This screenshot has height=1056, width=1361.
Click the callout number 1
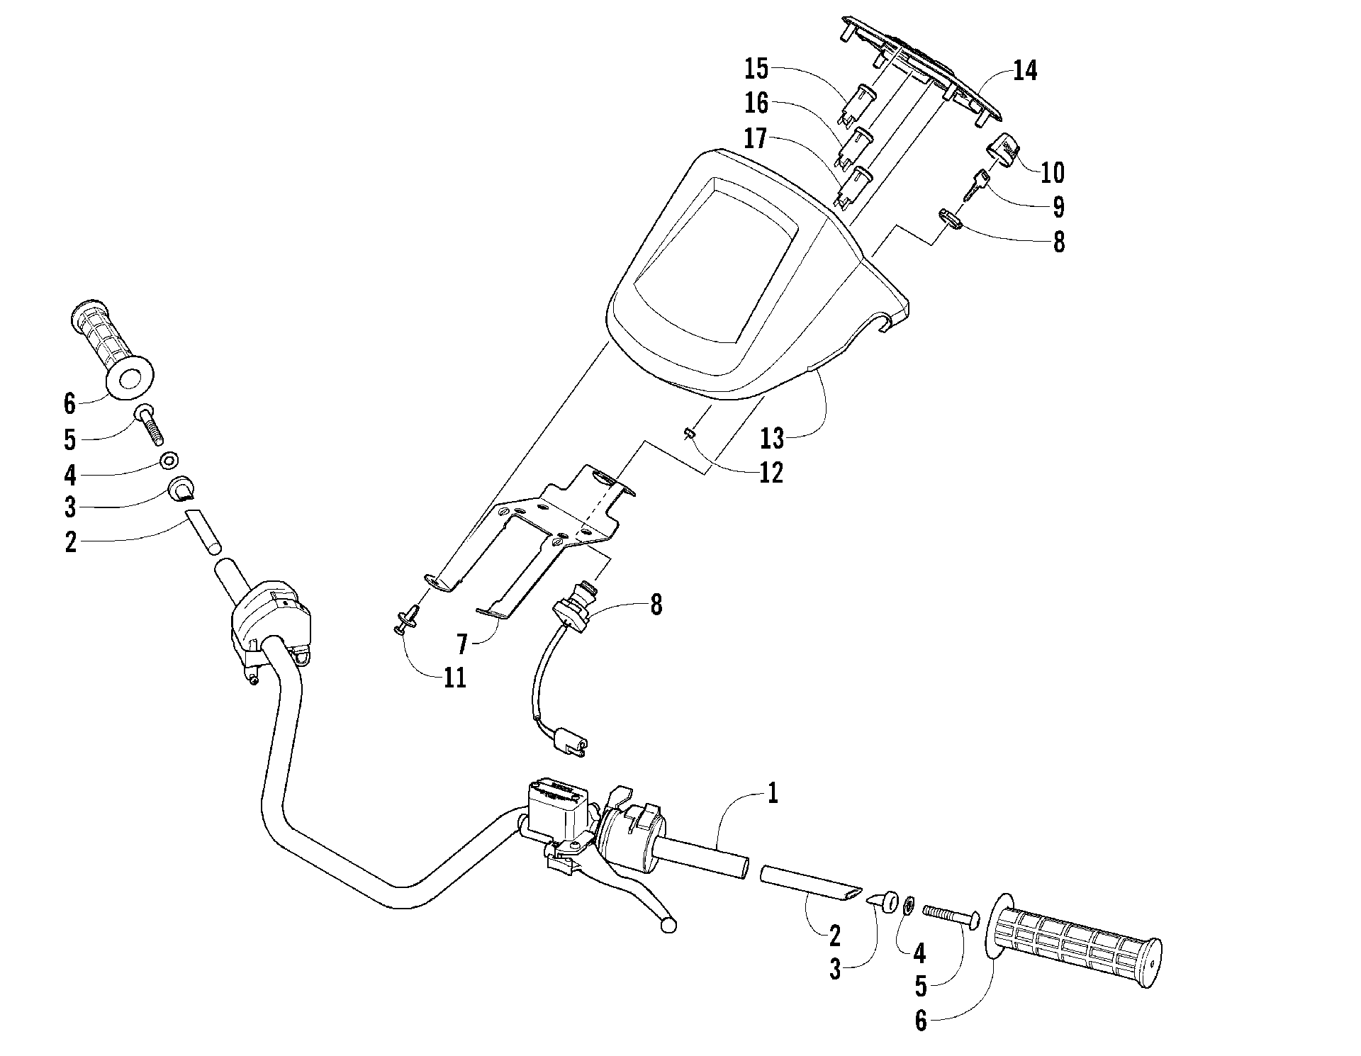coord(773,792)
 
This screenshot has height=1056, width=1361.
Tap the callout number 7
coord(462,644)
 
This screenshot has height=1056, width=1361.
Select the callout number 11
coord(455,678)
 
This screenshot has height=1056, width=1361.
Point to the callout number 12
coord(771,473)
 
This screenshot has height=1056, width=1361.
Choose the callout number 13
coord(773,439)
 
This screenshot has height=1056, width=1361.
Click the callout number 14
coord(1025,70)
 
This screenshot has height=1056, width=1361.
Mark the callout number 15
coord(756,69)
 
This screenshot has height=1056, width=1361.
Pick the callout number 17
coord(756,138)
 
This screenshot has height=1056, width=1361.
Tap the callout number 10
coord(1052,172)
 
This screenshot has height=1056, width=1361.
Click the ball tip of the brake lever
coord(668,925)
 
